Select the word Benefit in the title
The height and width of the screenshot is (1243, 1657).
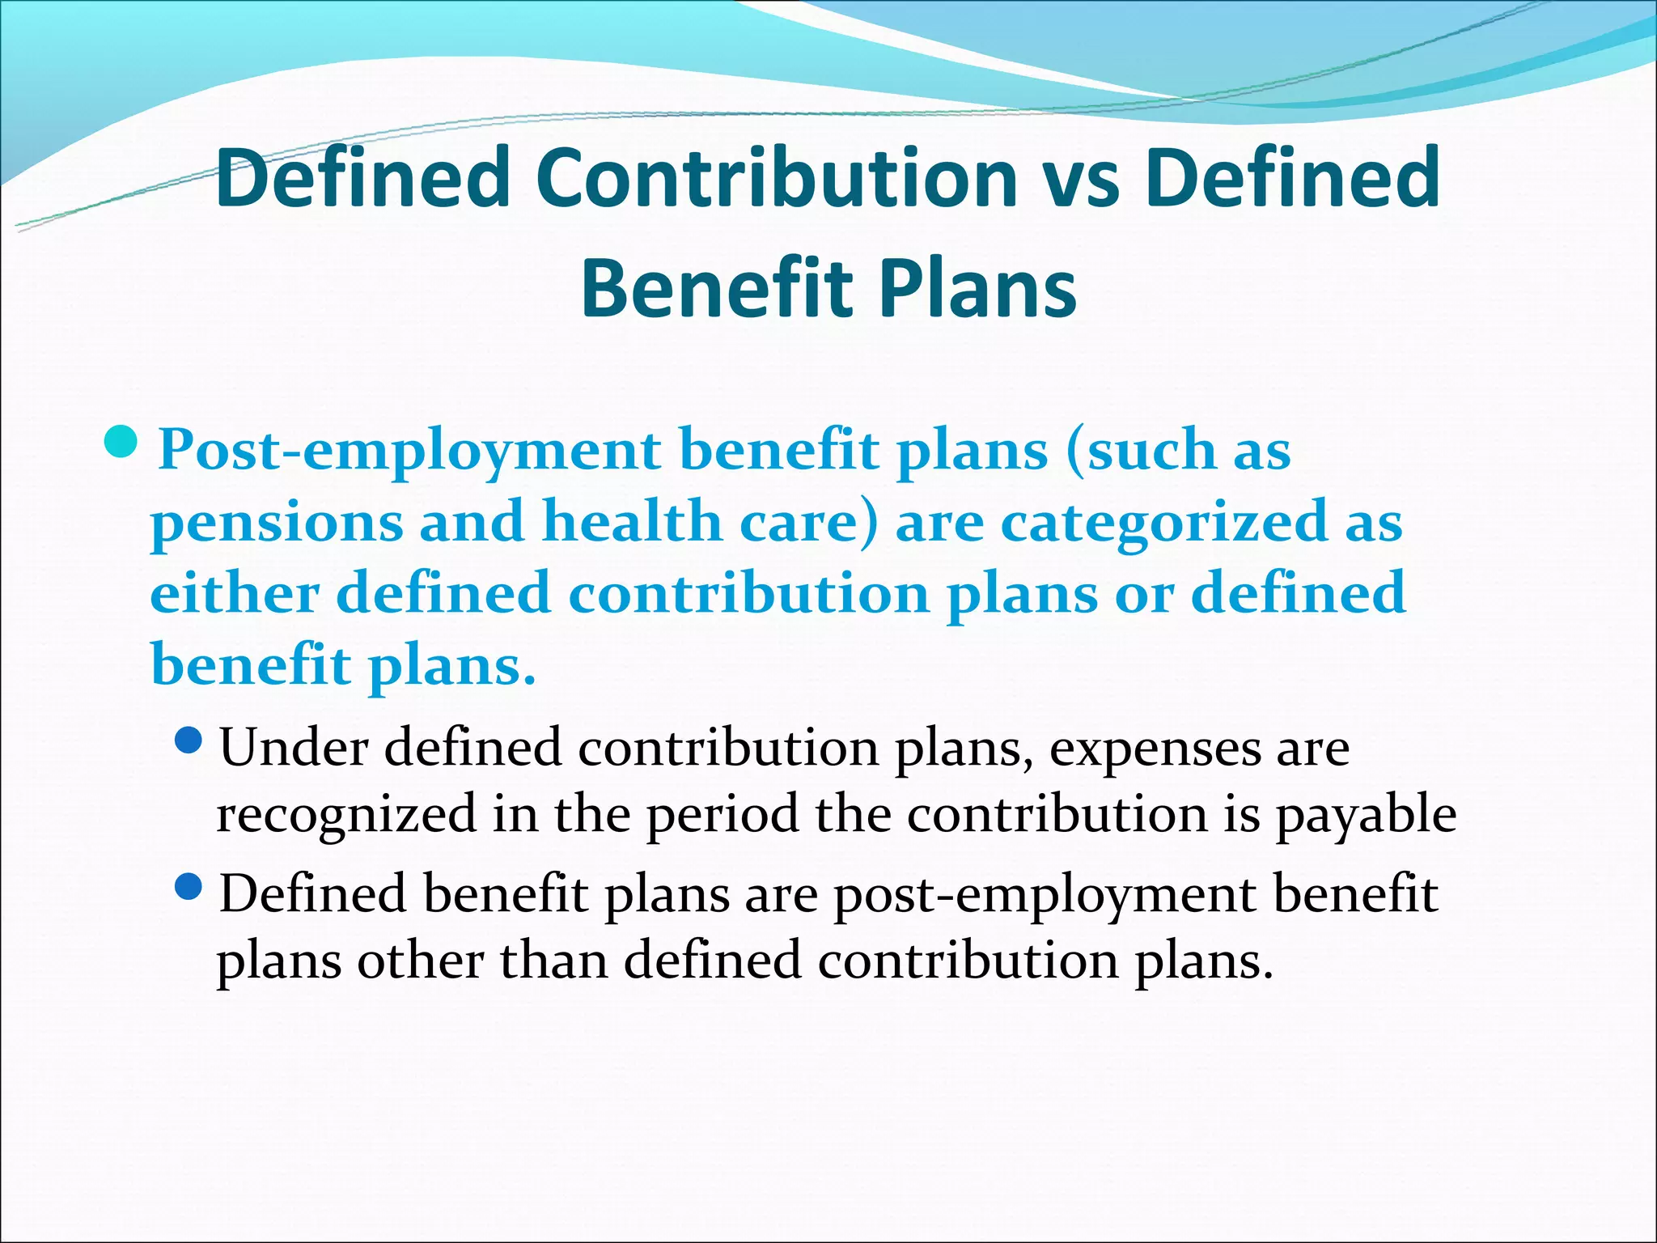[717, 289]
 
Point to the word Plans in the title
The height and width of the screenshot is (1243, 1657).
[978, 289]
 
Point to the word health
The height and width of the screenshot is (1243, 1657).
[632, 521]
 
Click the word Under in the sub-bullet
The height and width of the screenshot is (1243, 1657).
[294, 747]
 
